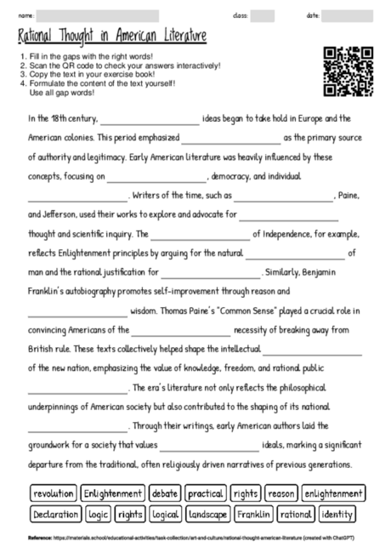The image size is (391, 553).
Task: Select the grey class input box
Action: pyautogui.click(x=262, y=16)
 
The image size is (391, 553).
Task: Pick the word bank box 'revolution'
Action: pyautogui.click(x=54, y=493)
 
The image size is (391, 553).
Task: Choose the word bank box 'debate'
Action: pyautogui.click(x=165, y=493)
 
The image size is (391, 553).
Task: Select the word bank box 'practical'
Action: pyautogui.click(x=206, y=493)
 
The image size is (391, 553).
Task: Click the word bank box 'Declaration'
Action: pyautogui.click(x=55, y=514)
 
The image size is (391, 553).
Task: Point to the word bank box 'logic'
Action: pyautogui.click(x=99, y=514)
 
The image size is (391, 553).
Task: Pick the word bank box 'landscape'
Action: pyautogui.click(x=207, y=514)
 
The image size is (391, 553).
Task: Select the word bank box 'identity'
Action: pyautogui.click(x=337, y=514)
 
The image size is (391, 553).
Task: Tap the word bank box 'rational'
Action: pyautogui.click(x=295, y=514)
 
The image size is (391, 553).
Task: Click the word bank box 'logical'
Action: pyautogui.click(x=165, y=514)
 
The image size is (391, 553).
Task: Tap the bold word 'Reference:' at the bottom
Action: pyautogui.click(x=41, y=539)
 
